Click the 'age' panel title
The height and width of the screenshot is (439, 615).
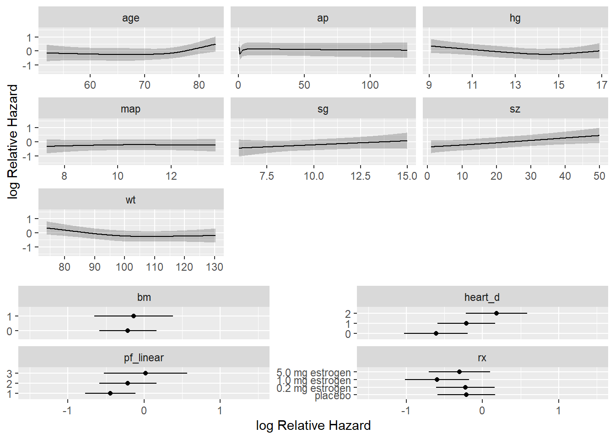(x=130, y=18)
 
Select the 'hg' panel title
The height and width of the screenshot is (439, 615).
(x=515, y=18)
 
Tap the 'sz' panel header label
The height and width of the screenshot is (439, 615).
(x=515, y=109)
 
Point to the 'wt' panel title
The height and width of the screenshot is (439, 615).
(x=130, y=200)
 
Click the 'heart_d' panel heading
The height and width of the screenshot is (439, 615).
(x=482, y=297)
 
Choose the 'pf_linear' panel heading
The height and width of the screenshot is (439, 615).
(x=144, y=358)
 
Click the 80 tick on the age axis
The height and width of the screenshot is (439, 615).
(x=199, y=85)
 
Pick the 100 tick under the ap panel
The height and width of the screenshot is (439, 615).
(x=370, y=85)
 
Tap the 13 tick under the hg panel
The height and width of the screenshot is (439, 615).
(x=515, y=85)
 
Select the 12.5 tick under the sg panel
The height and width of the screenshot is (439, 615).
(x=361, y=176)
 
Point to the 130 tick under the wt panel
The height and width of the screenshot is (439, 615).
(x=215, y=267)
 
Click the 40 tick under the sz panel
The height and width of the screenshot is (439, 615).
(x=565, y=176)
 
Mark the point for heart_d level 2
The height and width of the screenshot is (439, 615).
(x=496, y=313)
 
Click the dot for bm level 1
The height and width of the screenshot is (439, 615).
(x=134, y=316)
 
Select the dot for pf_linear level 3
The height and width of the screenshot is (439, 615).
(x=146, y=373)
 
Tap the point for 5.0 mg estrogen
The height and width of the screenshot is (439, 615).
(x=459, y=372)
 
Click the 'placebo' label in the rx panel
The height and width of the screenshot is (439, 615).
(x=333, y=396)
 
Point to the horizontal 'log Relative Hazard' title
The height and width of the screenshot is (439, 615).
(x=313, y=425)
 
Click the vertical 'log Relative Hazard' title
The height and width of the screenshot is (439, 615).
(x=13, y=141)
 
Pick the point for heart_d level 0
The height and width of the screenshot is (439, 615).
(x=436, y=333)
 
